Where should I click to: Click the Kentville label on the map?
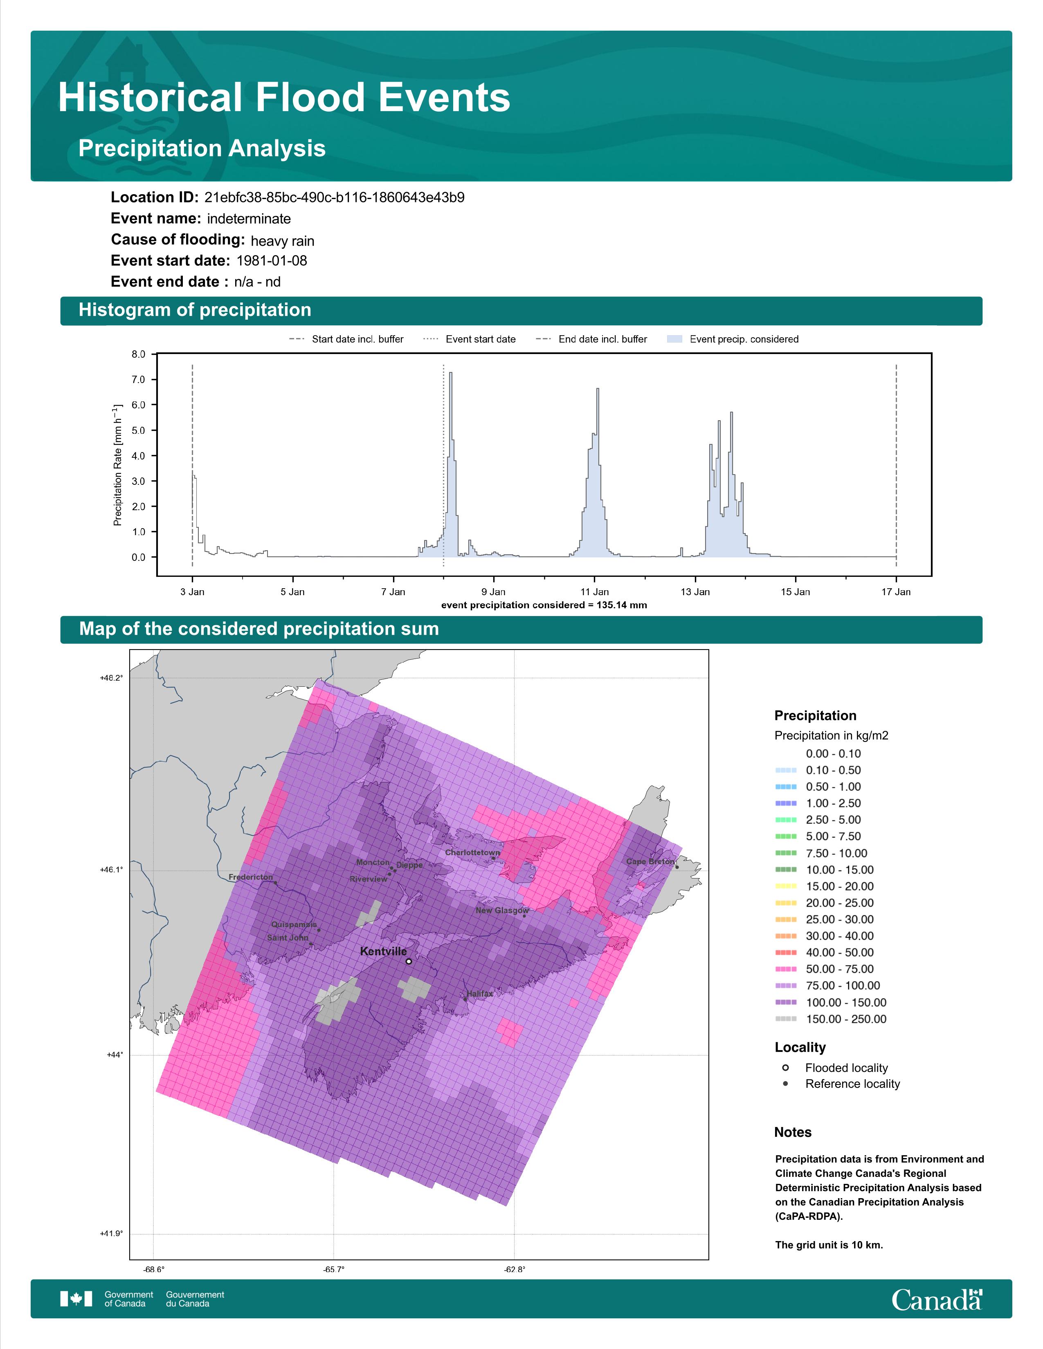[383, 951]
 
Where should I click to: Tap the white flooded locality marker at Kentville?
[409, 961]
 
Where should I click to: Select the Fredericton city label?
[250, 877]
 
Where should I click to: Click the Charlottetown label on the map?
[472, 852]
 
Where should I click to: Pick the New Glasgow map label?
[502, 910]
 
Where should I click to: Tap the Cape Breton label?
[650, 862]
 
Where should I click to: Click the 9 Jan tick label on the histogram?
[493, 592]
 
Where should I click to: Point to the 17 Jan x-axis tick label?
[896, 592]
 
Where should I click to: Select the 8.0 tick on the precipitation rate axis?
[138, 354]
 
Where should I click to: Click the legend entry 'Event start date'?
[470, 339]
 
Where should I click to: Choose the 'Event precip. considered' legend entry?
[733, 339]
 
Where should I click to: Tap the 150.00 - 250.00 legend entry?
[830, 1019]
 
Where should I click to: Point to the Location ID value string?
[334, 198]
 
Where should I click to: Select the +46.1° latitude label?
[111, 869]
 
